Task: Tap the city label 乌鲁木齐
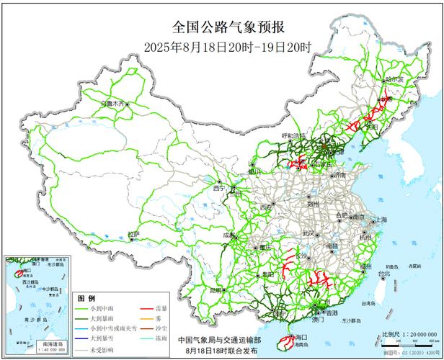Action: click(x=117, y=102)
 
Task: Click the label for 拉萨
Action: click(x=133, y=234)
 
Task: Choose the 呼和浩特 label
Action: click(x=293, y=135)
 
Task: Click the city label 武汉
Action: click(x=308, y=233)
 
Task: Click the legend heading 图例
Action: click(x=86, y=297)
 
